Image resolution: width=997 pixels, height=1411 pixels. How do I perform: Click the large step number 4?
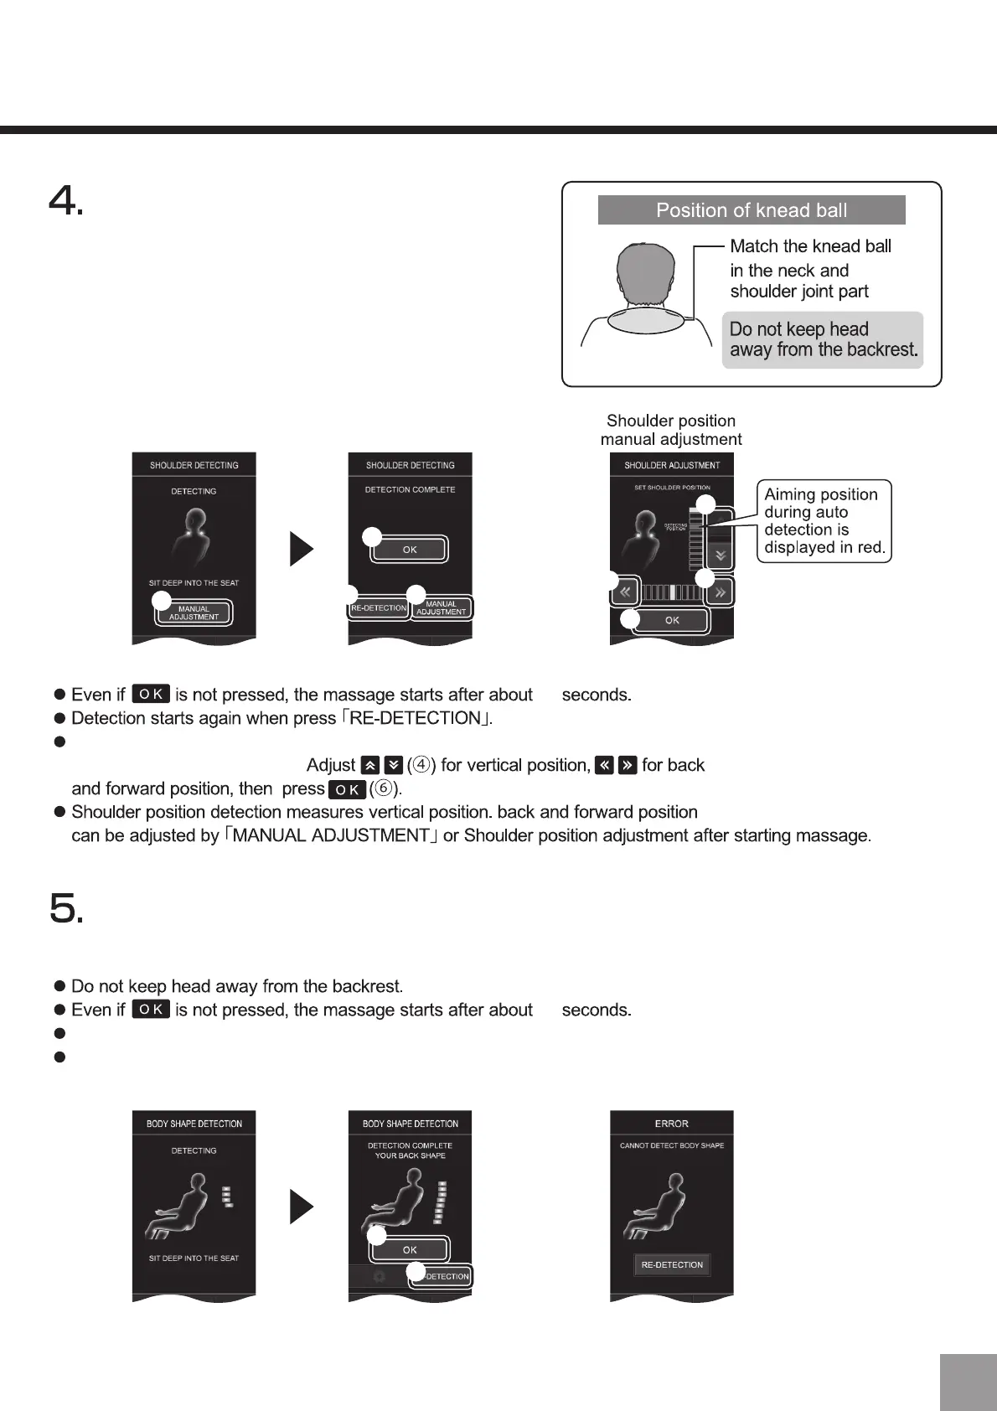pyautogui.click(x=65, y=201)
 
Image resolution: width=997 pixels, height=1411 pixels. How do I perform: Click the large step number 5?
pyautogui.click(x=65, y=908)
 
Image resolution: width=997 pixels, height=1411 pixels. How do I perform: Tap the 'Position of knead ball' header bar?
pyautogui.click(x=751, y=210)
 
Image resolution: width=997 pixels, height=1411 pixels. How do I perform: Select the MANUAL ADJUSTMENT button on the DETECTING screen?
pyautogui.click(x=194, y=613)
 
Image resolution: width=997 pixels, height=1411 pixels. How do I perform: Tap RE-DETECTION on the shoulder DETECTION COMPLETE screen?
pyautogui.click(x=379, y=607)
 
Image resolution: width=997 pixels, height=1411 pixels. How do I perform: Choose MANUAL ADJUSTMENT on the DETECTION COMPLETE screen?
pyautogui.click(x=441, y=607)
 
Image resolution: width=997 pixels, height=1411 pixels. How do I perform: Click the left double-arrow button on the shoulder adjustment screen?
pyautogui.click(x=625, y=592)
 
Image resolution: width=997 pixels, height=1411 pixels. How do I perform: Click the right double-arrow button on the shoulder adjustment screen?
pyautogui.click(x=720, y=592)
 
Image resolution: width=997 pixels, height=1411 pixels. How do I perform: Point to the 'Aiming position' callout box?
pyautogui.click(x=824, y=521)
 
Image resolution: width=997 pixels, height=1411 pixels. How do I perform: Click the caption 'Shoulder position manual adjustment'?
pyautogui.click(x=671, y=430)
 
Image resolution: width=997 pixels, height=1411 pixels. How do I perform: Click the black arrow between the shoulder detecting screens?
pyautogui.click(x=302, y=550)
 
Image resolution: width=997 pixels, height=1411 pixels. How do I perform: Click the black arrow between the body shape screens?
pyautogui.click(x=302, y=1207)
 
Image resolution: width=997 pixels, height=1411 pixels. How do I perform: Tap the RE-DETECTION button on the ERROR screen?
pyautogui.click(x=672, y=1264)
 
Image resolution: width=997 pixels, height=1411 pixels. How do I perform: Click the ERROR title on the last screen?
pyautogui.click(x=672, y=1124)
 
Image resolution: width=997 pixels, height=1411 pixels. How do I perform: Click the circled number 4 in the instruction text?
pyautogui.click(x=422, y=765)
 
